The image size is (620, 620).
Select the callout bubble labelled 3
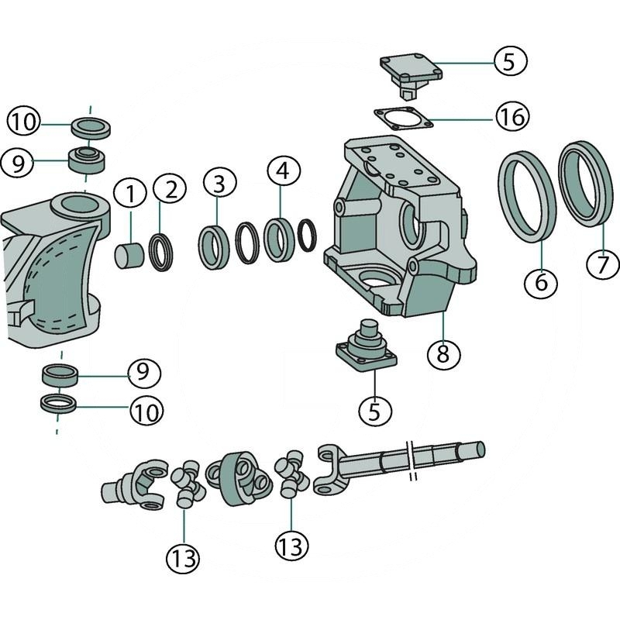coord(219,184)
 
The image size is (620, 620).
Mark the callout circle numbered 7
coord(603,265)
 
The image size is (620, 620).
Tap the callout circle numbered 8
coord(443,353)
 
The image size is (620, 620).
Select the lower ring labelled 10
coord(59,404)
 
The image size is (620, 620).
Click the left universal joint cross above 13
coord(186,484)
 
